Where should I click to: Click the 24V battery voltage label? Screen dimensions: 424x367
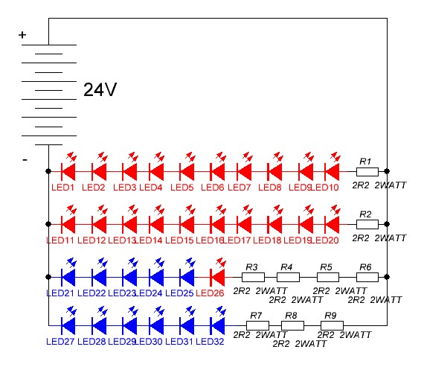click(x=100, y=89)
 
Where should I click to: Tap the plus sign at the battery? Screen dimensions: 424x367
click(x=22, y=35)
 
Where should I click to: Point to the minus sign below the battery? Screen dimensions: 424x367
click(x=25, y=160)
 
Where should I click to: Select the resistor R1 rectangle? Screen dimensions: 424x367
click(x=367, y=172)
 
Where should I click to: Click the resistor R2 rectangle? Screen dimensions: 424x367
click(x=367, y=224)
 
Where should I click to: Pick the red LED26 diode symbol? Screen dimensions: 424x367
click(x=217, y=277)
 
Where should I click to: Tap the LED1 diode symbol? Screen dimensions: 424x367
click(x=68, y=172)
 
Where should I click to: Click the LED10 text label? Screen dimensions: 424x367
click(x=325, y=188)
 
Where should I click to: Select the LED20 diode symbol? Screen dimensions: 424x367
click(x=332, y=224)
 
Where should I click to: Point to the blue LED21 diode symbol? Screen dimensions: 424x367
click(x=68, y=277)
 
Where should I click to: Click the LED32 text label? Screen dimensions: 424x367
click(x=210, y=342)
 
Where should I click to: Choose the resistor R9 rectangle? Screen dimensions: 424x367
click(x=332, y=325)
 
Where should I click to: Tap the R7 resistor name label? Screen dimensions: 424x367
click(x=256, y=316)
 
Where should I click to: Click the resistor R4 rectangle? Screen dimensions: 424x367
click(x=288, y=277)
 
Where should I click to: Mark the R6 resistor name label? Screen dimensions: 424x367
click(x=365, y=267)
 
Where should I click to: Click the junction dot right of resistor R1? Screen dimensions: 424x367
click(x=387, y=171)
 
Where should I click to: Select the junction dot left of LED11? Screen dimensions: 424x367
click(x=48, y=224)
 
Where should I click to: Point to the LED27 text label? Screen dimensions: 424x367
click(x=60, y=342)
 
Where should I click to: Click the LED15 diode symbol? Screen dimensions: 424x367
click(x=187, y=224)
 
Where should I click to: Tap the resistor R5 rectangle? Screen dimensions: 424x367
click(x=328, y=277)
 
